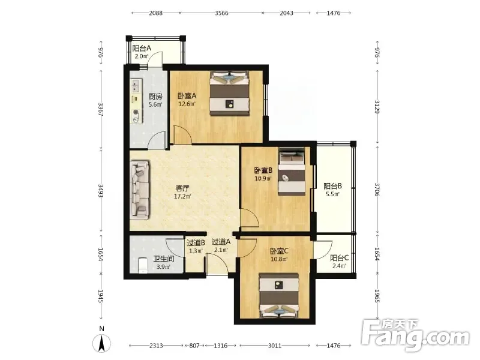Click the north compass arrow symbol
tap(101, 343)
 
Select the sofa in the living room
tap(140, 190)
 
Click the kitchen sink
tap(136, 86)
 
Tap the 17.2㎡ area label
tap(182, 196)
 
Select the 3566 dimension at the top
tap(221, 13)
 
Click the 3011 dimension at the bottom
tap(275, 346)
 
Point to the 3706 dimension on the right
tap(377, 190)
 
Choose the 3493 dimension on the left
tap(101, 191)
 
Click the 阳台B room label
tap(333, 186)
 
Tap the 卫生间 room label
tap(164, 259)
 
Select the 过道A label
tap(221, 242)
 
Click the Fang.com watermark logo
tap(415, 335)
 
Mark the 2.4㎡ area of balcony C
tap(339, 266)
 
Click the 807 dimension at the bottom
tap(194, 346)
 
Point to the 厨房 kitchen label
tap(155, 97)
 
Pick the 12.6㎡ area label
tap(187, 104)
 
